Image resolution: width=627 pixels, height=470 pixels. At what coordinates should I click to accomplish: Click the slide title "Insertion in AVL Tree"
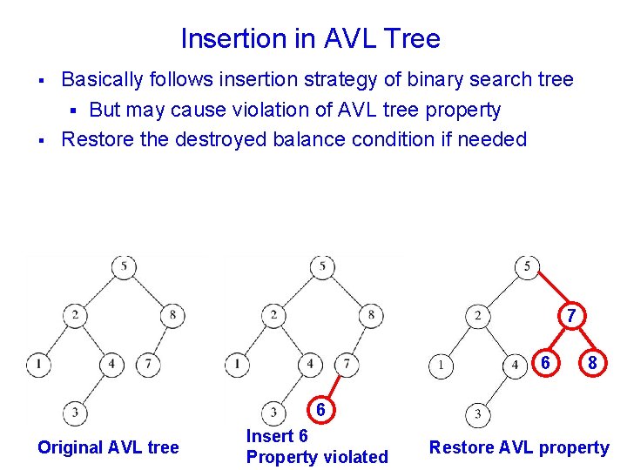pos(310,38)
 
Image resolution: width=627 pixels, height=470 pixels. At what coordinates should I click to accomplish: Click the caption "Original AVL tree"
pos(108,447)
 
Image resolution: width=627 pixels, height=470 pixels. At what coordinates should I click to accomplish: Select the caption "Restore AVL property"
pos(519,447)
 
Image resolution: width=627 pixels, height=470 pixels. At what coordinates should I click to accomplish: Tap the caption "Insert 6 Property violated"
pos(317,446)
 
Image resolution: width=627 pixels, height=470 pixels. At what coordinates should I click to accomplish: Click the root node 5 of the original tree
pos(124,266)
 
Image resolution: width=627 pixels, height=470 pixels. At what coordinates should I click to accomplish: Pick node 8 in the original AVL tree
pos(172,315)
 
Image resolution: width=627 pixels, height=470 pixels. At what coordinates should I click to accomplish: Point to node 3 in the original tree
pos(75,412)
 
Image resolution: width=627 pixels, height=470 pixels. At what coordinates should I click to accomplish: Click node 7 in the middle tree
pos(347,363)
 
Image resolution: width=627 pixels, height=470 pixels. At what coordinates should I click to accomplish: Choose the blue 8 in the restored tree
pos(592,364)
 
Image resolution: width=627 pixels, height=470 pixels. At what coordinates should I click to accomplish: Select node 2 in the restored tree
pos(477,316)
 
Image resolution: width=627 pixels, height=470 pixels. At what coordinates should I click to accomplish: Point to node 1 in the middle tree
pos(237,363)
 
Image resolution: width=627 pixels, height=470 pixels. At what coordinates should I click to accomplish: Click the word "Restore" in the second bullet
pos(92,139)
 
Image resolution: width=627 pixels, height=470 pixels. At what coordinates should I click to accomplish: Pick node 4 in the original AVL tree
pos(111,363)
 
